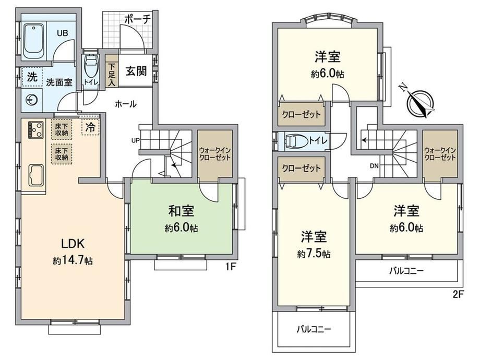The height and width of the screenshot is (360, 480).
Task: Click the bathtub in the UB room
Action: (x=34, y=41)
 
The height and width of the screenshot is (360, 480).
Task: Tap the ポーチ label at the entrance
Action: (x=138, y=19)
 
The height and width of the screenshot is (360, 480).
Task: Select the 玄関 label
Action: (x=136, y=71)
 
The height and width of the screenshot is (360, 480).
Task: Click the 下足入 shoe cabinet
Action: (x=112, y=71)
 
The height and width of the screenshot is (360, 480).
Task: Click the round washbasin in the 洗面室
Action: (x=32, y=100)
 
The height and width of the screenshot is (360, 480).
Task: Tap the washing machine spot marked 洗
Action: (x=32, y=77)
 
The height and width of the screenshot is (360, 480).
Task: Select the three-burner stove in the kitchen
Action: (x=37, y=130)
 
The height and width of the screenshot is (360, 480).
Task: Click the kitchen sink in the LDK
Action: (x=37, y=175)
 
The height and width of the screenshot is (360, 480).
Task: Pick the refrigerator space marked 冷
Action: (x=91, y=127)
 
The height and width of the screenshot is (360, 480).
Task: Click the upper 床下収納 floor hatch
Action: (x=62, y=129)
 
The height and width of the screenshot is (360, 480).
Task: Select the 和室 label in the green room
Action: (x=181, y=211)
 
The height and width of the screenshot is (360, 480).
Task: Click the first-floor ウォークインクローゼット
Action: (x=215, y=154)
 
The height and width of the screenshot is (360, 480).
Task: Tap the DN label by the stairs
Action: (x=374, y=166)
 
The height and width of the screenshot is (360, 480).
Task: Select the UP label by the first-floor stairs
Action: (x=135, y=140)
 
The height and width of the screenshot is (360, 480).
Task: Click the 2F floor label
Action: (x=458, y=294)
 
